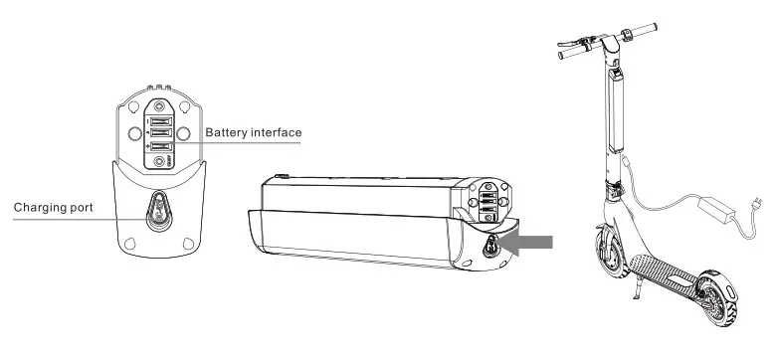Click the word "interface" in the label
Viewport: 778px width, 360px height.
click(x=278, y=132)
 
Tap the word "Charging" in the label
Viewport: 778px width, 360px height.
click(x=41, y=209)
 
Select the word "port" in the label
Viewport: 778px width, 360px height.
click(x=88, y=209)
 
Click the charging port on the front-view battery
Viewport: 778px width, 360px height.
click(x=158, y=210)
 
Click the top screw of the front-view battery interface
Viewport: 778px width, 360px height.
click(x=158, y=101)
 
